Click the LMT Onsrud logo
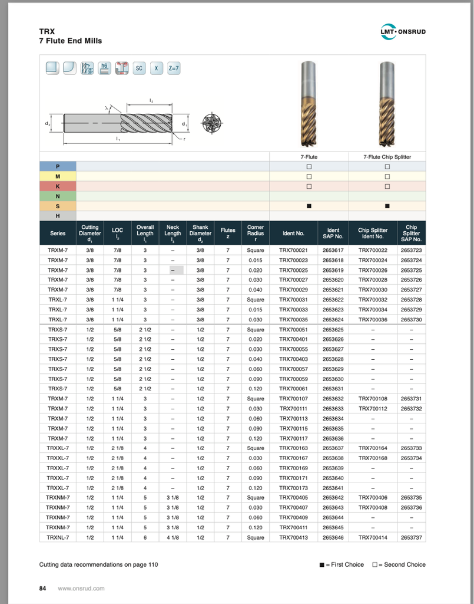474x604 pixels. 403,31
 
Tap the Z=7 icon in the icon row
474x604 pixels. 174,68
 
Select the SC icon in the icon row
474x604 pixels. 140,68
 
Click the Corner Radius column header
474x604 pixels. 256,233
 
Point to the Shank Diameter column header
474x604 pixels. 200,233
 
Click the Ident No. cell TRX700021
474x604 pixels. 293,250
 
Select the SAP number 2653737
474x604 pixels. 411,537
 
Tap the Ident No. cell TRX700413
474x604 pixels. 293,537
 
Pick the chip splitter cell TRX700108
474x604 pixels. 373,399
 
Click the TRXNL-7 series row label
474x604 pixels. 58,537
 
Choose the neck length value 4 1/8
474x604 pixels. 173,537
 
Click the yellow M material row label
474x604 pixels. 58,176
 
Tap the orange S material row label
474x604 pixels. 58,206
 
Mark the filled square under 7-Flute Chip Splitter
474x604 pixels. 387,206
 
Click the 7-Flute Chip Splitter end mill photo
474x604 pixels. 387,103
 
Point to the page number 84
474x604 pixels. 42,588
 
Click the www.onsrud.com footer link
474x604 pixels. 81,588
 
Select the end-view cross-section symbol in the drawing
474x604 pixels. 211,123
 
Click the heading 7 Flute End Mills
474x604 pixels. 70,41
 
